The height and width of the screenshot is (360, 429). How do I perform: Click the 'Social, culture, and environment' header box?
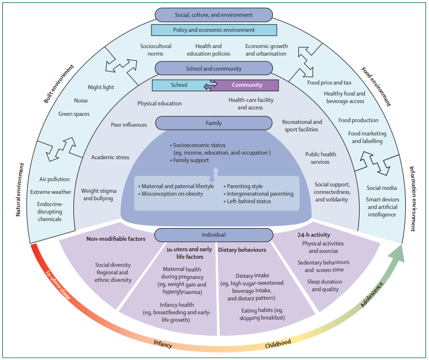pos(214,14)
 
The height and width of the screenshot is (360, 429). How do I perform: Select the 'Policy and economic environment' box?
pos(214,30)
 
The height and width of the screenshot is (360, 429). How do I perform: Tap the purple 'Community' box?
pos(247,85)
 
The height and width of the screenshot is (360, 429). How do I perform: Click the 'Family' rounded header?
pos(214,123)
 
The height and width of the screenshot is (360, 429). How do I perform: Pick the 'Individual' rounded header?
pos(214,235)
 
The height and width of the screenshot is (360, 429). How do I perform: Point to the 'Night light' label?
pos(101,87)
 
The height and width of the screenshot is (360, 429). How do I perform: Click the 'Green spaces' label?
pos(74,114)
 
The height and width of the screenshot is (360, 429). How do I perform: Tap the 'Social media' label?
pos(382,188)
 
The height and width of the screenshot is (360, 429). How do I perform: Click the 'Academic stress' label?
pos(110,157)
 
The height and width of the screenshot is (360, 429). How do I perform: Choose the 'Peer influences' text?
pos(129,124)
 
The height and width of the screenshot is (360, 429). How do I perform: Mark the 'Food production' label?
pos(358,120)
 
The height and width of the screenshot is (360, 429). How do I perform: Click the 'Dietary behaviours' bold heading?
pos(242,250)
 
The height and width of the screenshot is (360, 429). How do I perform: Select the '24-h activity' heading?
pos(316,235)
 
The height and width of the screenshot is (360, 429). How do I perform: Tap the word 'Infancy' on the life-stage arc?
pos(162,343)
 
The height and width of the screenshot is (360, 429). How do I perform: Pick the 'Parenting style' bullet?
pos(245,186)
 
